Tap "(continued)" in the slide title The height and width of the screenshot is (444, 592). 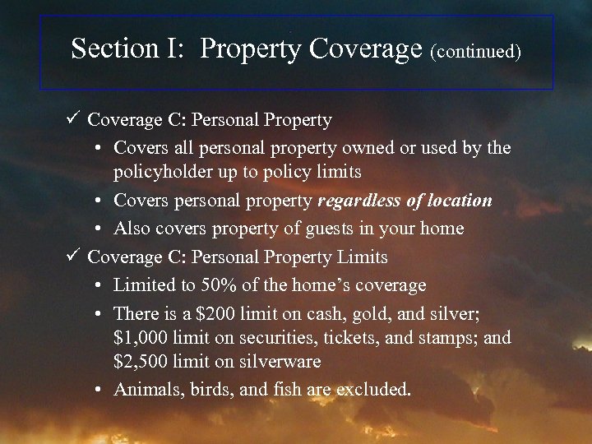pos(475,52)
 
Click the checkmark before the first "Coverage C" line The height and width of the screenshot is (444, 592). pos(72,119)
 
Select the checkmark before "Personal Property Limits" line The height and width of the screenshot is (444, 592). pos(72,256)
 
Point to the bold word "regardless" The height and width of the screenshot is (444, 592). pos(359,201)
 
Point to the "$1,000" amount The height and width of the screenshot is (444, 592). pos(141,338)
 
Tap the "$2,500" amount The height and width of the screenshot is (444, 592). pos(141,361)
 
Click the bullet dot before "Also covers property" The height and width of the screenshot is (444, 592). pos(98,229)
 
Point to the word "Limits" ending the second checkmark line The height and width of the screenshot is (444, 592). pos(362,257)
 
